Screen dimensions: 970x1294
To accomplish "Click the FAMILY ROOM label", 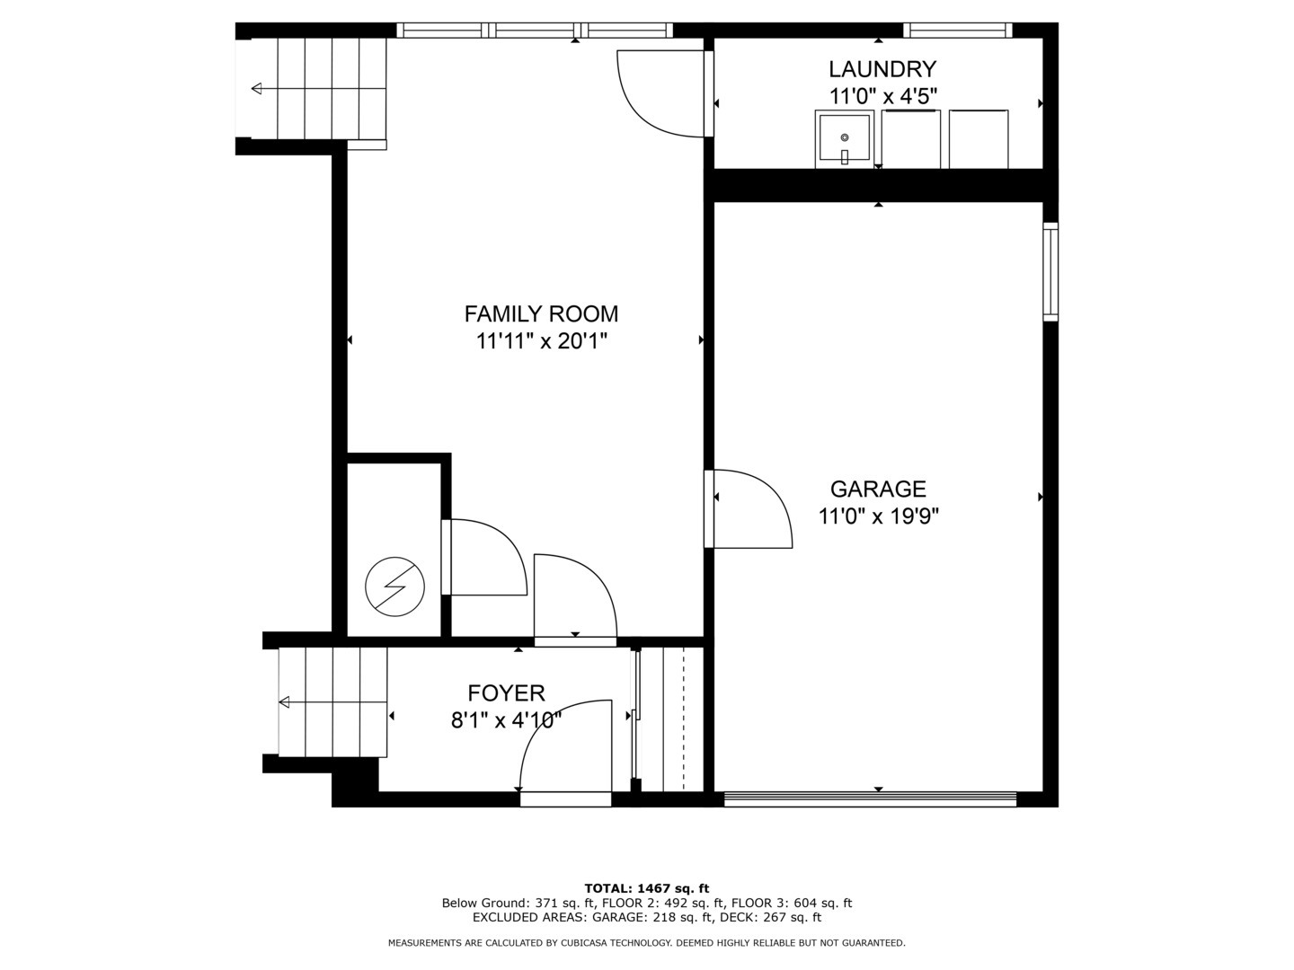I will pyautogui.click(x=541, y=314).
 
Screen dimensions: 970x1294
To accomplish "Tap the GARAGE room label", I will pyautogui.click(x=877, y=489).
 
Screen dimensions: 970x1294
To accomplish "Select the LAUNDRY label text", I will pyautogui.click(x=882, y=69).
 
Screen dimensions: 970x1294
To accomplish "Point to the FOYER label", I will pyautogui.click(x=506, y=693).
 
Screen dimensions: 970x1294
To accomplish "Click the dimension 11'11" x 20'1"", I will pyautogui.click(x=541, y=341).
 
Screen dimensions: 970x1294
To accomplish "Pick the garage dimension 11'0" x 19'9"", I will pyautogui.click(x=878, y=516).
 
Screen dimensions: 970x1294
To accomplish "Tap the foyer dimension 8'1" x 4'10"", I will pyautogui.click(x=506, y=719).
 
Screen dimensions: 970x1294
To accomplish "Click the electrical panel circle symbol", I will pyautogui.click(x=394, y=587).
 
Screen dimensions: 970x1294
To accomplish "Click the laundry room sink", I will pyautogui.click(x=844, y=139).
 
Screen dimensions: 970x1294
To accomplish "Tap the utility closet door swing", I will pyautogui.click(x=485, y=558).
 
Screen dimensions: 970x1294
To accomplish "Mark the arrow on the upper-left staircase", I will pyautogui.click(x=257, y=88).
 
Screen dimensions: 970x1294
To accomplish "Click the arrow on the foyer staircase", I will pyautogui.click(x=285, y=702).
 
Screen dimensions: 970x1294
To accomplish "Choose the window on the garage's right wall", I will pyautogui.click(x=1050, y=271).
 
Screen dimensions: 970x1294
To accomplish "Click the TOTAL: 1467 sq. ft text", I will pyautogui.click(x=646, y=888).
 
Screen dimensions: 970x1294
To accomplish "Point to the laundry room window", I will pyautogui.click(x=957, y=31).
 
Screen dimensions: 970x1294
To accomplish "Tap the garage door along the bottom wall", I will pyautogui.click(x=869, y=799).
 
